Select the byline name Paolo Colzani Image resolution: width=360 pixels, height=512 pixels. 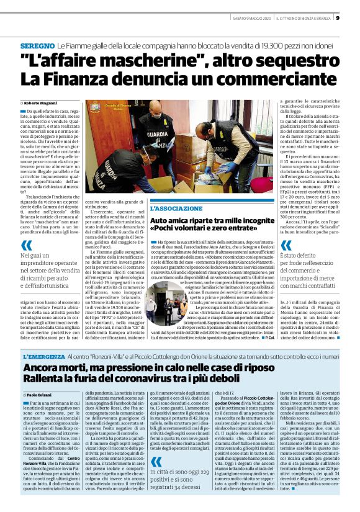(x=38, y=377)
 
